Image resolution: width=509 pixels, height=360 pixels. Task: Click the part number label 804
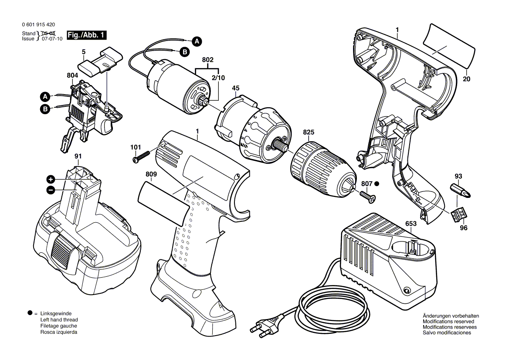click(73, 75)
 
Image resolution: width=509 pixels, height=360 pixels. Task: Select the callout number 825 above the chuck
click(309, 132)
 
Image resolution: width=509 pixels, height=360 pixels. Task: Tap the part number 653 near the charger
click(411, 224)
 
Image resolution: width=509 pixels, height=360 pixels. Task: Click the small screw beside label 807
click(367, 197)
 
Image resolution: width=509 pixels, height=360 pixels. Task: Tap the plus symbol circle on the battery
click(51, 180)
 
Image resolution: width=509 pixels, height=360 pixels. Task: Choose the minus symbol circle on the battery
click(51, 190)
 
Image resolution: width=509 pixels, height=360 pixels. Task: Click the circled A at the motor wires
click(197, 41)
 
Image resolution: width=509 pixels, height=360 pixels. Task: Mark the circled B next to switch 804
click(45, 109)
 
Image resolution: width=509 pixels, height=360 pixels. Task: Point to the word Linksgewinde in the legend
click(56, 313)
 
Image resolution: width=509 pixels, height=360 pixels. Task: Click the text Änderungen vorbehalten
click(451, 316)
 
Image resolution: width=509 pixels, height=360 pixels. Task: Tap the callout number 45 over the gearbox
click(235, 88)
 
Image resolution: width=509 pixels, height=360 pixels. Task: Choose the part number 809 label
click(151, 174)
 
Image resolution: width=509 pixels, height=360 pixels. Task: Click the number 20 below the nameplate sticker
click(466, 79)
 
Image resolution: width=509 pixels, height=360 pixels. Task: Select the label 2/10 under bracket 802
click(218, 78)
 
